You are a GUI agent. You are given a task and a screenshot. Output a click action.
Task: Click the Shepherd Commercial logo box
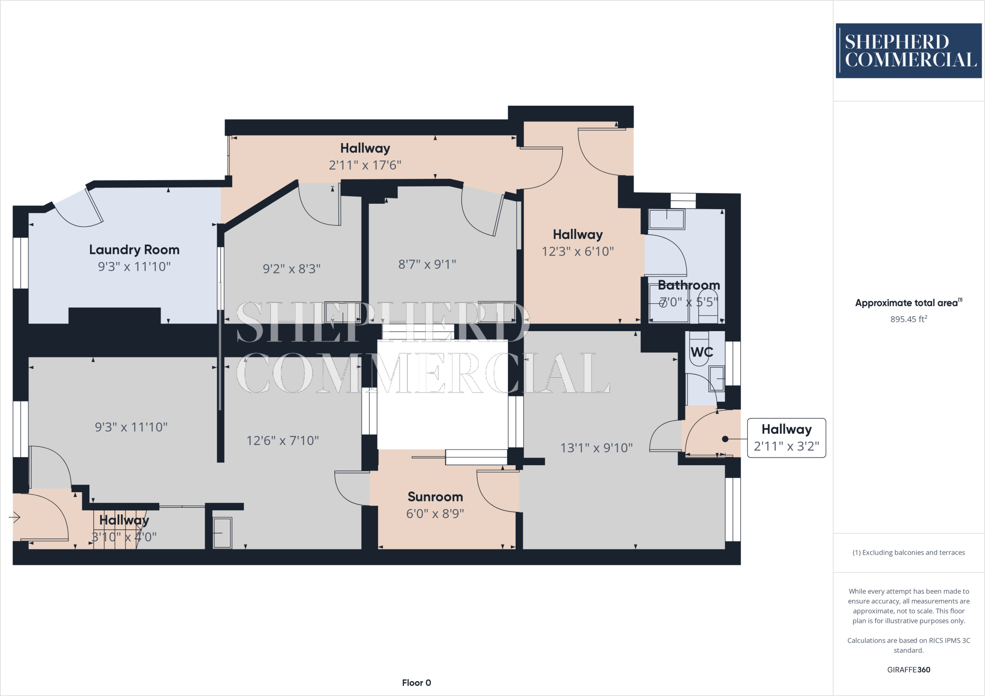tap(908, 50)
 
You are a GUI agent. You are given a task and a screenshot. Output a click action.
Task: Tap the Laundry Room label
tap(134, 249)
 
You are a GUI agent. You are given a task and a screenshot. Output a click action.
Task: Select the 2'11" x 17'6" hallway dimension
tap(365, 165)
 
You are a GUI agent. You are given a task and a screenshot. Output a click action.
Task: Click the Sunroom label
tap(435, 497)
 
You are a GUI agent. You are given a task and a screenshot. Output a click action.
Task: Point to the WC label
tap(702, 352)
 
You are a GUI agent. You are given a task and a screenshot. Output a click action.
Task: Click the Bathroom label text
tap(689, 285)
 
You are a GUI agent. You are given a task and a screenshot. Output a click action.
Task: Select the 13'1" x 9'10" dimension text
tap(596, 448)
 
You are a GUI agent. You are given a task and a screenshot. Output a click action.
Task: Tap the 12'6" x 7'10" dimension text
tap(283, 441)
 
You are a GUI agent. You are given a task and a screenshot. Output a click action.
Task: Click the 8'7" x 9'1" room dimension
tap(427, 264)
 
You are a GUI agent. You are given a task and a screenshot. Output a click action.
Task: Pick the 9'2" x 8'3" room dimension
tap(291, 269)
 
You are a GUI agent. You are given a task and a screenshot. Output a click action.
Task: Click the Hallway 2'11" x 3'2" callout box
tap(786, 438)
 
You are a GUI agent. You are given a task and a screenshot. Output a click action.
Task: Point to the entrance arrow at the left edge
tap(15, 517)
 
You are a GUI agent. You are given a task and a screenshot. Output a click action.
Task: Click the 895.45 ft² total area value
tap(909, 319)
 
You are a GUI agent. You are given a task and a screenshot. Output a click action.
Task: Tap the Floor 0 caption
tap(417, 683)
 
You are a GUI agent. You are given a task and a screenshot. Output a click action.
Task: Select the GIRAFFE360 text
tap(909, 670)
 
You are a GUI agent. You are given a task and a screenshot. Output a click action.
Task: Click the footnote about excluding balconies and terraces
tap(909, 552)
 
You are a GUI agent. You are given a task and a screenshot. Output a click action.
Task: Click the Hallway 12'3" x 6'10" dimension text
tap(578, 251)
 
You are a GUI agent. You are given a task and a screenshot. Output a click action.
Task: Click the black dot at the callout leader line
tap(725, 439)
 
